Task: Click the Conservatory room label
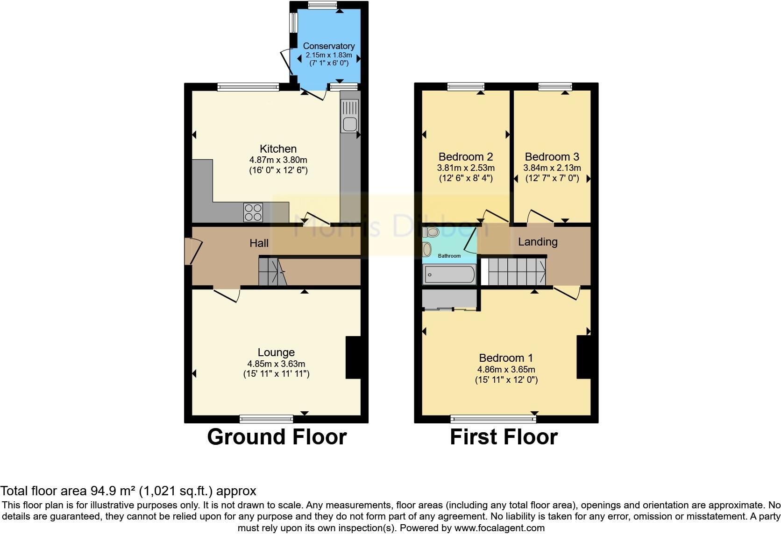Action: click(328, 46)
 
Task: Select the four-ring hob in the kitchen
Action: click(253, 212)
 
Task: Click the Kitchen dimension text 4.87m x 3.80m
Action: click(278, 160)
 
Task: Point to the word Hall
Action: click(259, 243)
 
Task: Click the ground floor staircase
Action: click(271, 272)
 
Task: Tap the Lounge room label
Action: click(276, 352)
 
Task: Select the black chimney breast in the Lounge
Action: click(353, 357)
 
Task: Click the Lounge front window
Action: click(266, 418)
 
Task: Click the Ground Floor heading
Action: click(277, 437)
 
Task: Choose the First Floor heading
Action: click(504, 437)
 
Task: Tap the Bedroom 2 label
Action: click(465, 157)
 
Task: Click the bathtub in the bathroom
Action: click(449, 274)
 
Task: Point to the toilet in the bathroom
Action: click(433, 232)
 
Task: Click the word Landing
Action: click(537, 242)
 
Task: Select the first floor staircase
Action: click(514, 272)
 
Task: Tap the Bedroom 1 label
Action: click(505, 358)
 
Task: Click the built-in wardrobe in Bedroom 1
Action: click(449, 299)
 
